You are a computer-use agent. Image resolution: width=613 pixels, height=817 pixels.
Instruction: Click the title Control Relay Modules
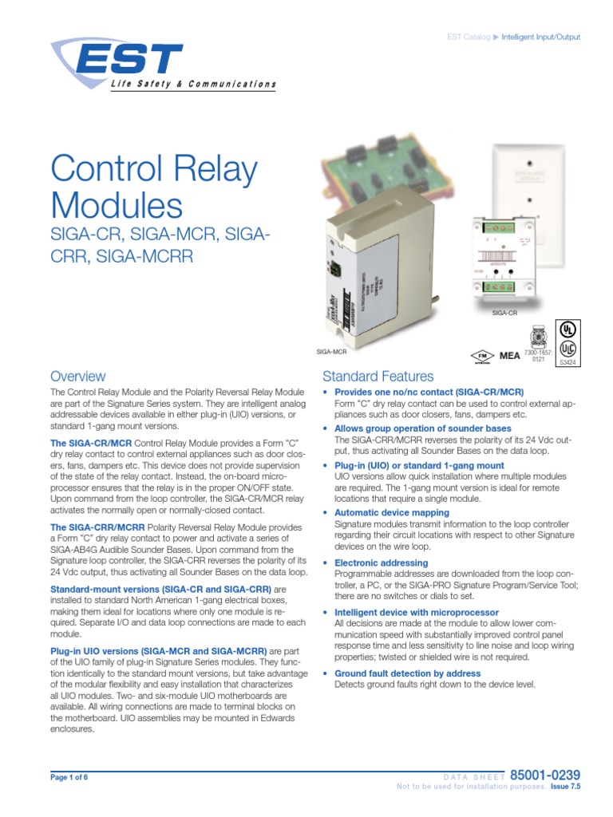[154, 187]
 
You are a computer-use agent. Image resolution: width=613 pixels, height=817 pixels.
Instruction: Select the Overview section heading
[77, 376]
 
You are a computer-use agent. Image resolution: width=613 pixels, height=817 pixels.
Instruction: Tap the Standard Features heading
[378, 376]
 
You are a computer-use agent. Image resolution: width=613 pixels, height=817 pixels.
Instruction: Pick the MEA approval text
[509, 356]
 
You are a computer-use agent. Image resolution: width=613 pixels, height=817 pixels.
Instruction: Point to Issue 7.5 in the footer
[566, 787]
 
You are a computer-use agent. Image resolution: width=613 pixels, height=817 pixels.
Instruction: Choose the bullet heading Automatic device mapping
[391, 512]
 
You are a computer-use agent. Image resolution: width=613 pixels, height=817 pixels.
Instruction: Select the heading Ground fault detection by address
[407, 673]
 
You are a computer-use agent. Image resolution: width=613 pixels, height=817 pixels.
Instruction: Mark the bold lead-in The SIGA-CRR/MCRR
[97, 527]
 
